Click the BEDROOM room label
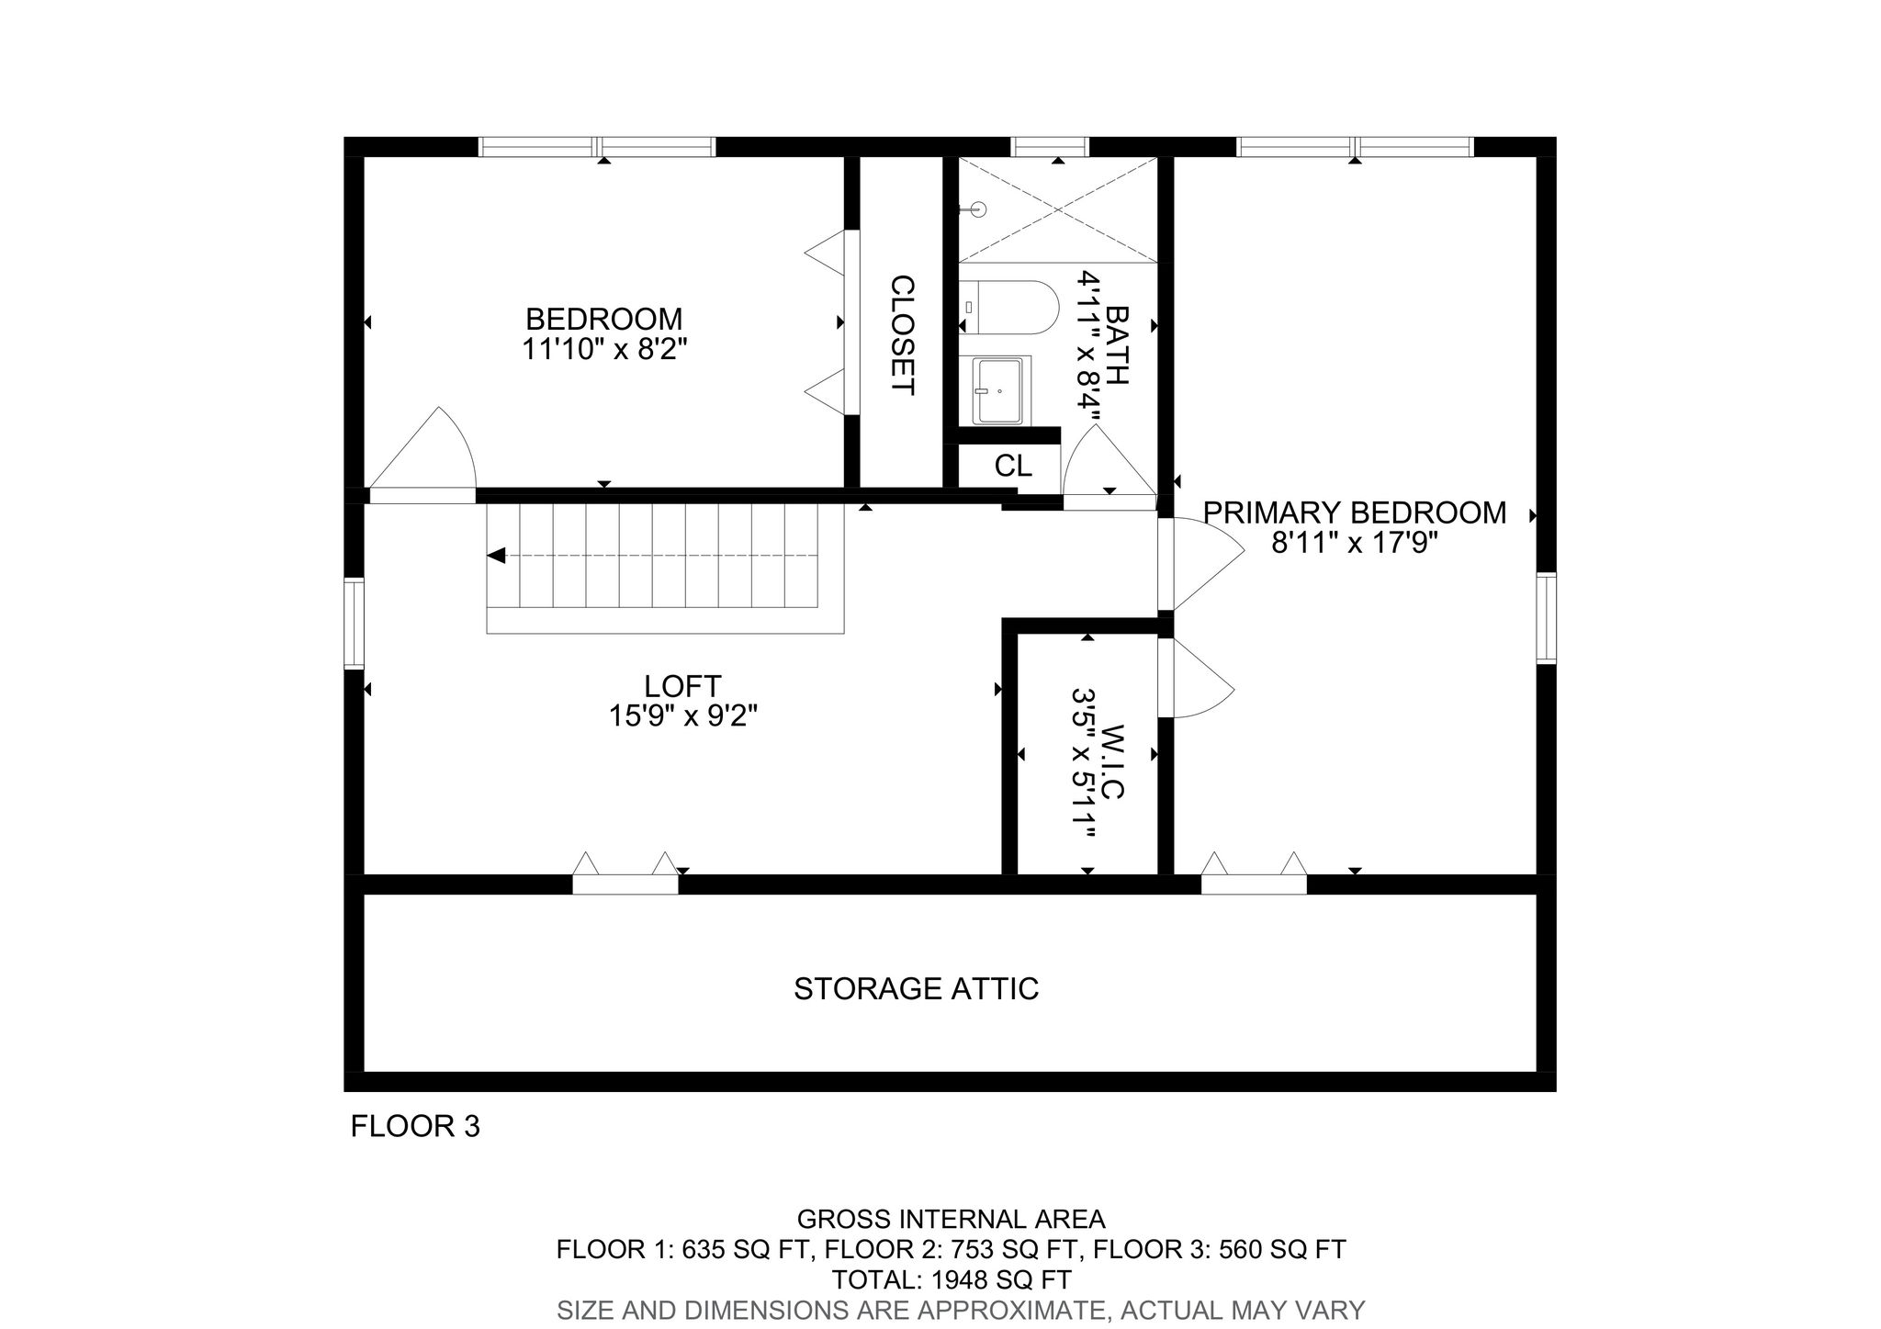(x=603, y=319)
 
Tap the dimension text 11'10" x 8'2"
(x=603, y=349)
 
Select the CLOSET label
(x=903, y=335)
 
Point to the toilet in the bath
(x=1010, y=308)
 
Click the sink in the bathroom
(x=998, y=391)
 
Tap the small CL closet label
(x=1012, y=467)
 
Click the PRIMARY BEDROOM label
(x=1354, y=512)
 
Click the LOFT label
(x=681, y=686)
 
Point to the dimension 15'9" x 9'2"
(x=681, y=715)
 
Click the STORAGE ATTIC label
(x=916, y=989)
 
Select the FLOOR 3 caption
(x=415, y=1127)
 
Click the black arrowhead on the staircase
(x=497, y=556)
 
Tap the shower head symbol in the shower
(x=976, y=209)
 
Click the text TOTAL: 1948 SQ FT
(x=951, y=1279)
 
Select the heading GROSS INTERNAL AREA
(x=951, y=1220)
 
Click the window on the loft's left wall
(x=354, y=623)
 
